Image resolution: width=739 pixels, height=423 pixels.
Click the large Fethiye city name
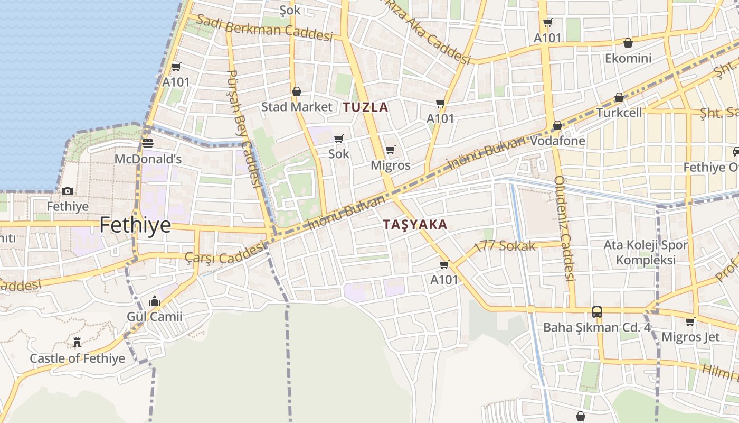(135, 225)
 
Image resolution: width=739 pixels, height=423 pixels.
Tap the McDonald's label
(148, 159)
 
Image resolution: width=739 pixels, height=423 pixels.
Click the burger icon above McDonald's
(148, 143)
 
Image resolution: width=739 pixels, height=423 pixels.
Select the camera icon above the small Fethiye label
(68, 191)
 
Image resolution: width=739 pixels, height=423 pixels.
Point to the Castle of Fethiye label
(77, 358)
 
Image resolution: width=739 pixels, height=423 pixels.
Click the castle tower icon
(77, 343)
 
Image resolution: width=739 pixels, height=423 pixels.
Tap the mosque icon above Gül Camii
(154, 301)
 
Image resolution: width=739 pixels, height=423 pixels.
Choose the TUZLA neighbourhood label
(365, 107)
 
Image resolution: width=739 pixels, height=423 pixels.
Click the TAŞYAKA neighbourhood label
(415, 224)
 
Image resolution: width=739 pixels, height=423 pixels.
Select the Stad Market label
(297, 107)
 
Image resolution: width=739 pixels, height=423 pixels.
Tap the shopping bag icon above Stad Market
(297, 91)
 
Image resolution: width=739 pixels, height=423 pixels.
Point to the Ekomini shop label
(628, 58)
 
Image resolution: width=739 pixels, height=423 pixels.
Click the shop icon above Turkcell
(619, 97)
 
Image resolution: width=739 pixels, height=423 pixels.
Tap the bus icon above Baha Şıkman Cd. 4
(597, 312)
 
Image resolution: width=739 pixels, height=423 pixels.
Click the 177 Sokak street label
(505, 246)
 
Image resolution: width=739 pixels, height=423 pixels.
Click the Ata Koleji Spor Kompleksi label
(646, 252)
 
